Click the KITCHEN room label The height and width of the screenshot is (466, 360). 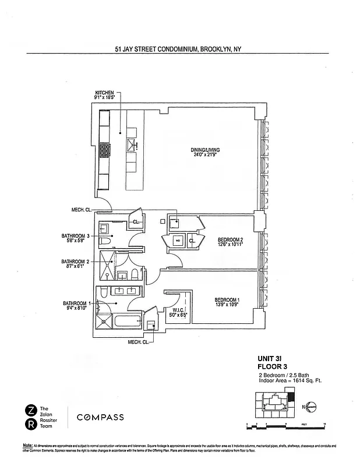pos(105,93)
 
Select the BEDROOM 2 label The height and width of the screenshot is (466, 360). pos(230,240)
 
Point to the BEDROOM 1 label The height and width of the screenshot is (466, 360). pos(227,300)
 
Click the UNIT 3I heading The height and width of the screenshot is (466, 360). pos(270,359)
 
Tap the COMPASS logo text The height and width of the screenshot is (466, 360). pos(101,417)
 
